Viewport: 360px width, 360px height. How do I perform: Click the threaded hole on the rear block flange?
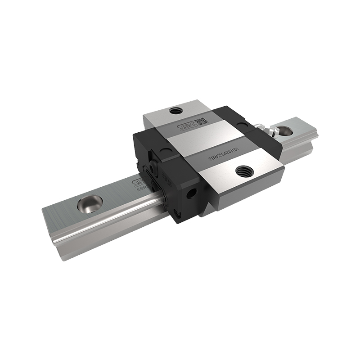tap(175, 110)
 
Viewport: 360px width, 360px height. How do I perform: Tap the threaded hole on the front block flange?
tap(244, 170)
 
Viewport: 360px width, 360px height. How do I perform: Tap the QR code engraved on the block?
tap(199, 121)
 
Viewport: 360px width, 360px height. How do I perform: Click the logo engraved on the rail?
tap(135, 182)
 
